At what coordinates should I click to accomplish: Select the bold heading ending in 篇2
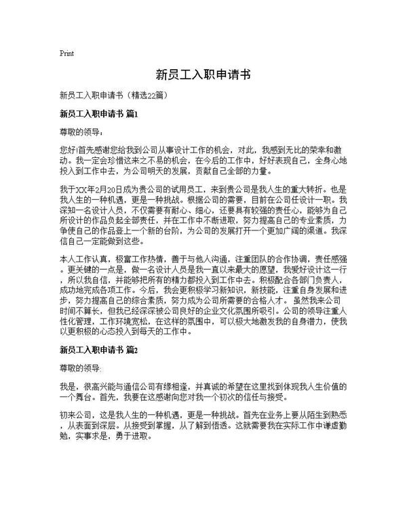(x=99, y=350)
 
